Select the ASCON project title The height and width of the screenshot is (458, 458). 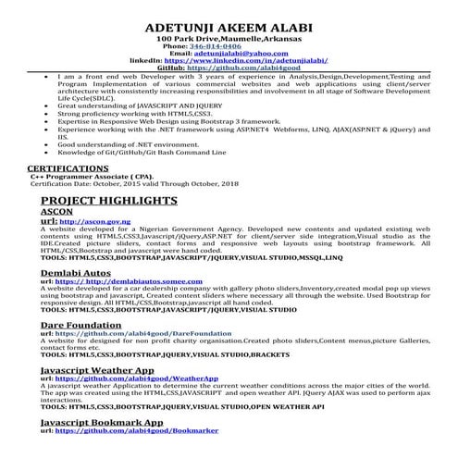[x=56, y=212]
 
